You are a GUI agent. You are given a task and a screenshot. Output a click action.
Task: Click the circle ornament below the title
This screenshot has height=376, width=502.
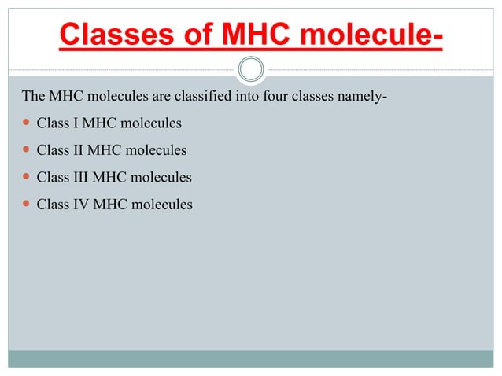point(251,70)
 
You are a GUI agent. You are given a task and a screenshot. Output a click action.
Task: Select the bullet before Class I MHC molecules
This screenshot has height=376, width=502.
point(26,123)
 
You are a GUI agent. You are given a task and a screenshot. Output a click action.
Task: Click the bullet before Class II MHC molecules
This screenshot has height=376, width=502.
point(26,150)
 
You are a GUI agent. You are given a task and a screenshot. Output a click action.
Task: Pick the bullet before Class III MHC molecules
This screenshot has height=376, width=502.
point(26,177)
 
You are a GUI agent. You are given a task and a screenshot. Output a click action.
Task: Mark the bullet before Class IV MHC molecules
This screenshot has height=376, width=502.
point(26,204)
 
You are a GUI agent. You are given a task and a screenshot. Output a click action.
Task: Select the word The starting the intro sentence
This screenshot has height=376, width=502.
point(34,97)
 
